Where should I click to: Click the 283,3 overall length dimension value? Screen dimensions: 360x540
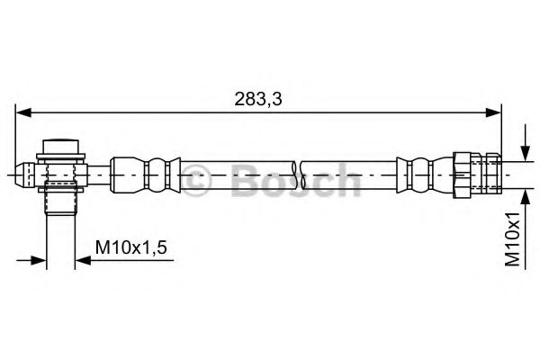pos(258,99)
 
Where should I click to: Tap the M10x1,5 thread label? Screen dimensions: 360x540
pos(131,246)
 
